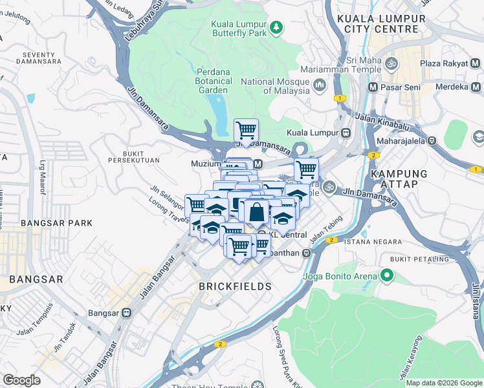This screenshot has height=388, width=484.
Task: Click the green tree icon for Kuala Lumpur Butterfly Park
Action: tap(276, 27)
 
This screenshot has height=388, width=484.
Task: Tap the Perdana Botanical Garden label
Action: tap(214, 81)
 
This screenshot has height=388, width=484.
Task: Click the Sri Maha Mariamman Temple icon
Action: tap(391, 64)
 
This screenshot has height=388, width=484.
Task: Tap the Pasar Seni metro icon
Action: tap(373, 87)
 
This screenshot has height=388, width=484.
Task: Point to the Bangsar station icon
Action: tap(126, 312)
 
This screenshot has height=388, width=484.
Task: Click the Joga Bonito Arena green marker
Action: tap(387, 277)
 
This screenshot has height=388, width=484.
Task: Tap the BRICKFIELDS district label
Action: tap(234, 286)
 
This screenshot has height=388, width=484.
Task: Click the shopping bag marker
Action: tap(256, 211)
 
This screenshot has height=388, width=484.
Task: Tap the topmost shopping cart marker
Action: tap(246, 131)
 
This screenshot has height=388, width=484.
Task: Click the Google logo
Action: tap(22, 380)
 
